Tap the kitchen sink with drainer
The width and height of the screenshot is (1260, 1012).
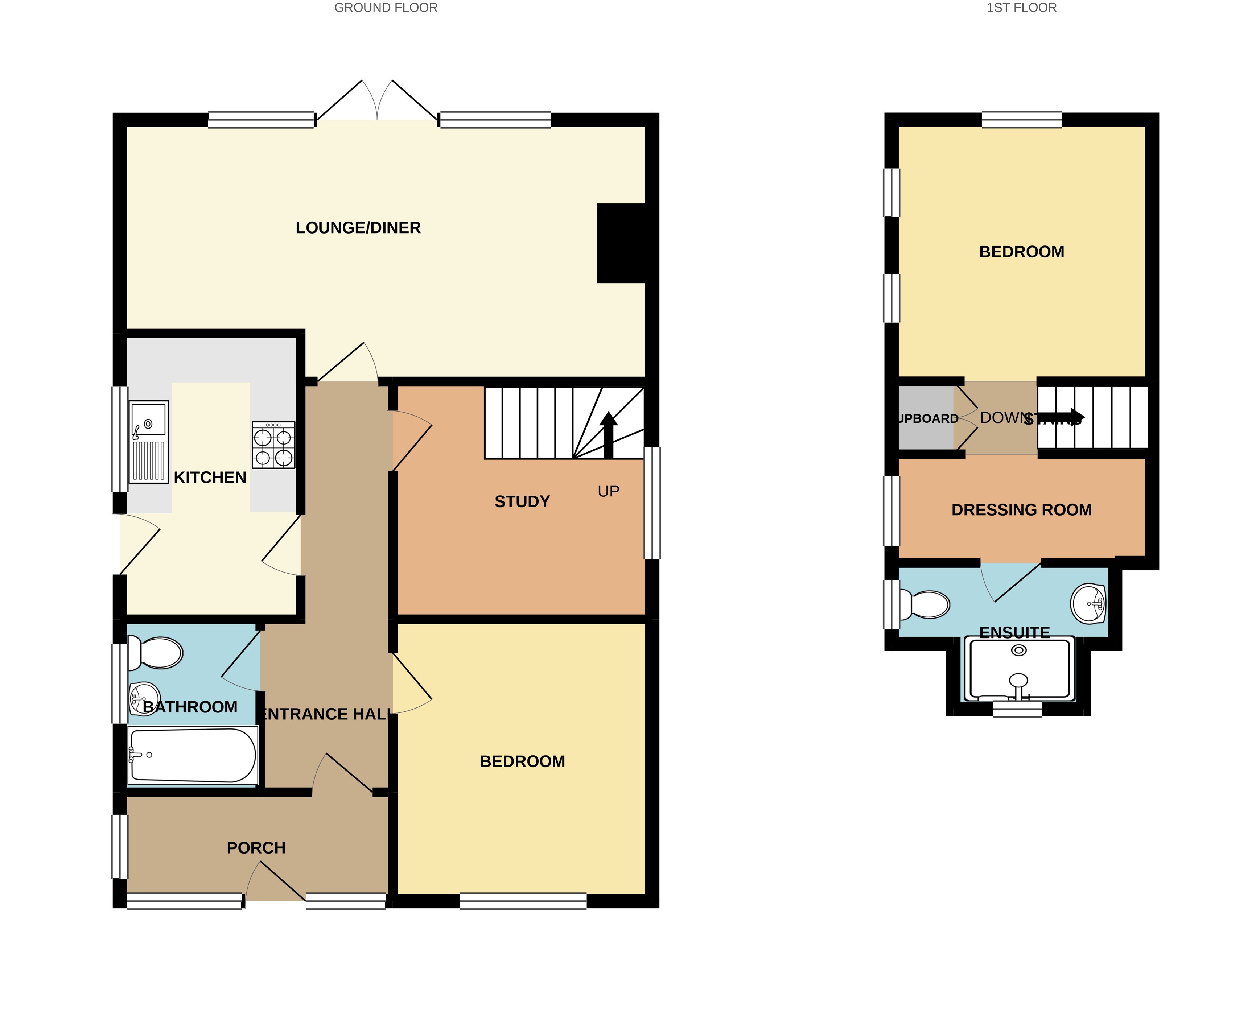(x=148, y=442)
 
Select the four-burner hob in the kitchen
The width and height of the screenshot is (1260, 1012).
(x=273, y=445)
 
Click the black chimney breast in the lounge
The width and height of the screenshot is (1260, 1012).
(x=621, y=243)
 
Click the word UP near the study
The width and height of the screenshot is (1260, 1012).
(x=608, y=491)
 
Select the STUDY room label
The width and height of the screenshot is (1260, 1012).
(x=522, y=502)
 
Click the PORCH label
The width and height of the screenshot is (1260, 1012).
(x=256, y=848)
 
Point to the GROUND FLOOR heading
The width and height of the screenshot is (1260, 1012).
(x=386, y=8)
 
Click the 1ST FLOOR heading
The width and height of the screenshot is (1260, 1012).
(x=1022, y=8)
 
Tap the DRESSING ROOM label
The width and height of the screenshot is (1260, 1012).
(x=1022, y=510)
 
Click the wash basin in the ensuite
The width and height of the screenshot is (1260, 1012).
(x=1088, y=604)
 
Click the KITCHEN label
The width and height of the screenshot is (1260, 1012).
(x=210, y=478)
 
